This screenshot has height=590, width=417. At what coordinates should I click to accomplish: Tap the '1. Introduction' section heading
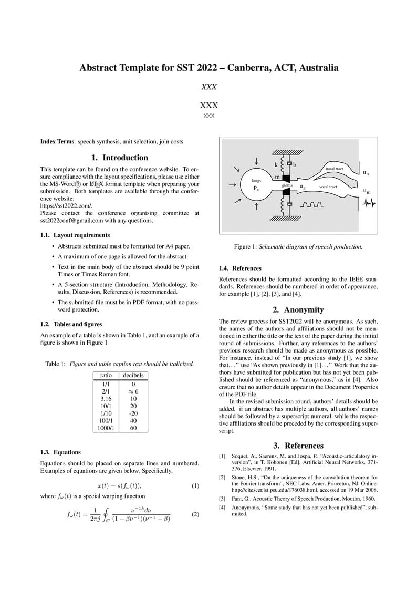[x=120, y=158]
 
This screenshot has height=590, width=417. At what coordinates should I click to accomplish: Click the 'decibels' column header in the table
[x=133, y=376]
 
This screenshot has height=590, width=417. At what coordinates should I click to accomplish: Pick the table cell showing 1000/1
[x=106, y=428]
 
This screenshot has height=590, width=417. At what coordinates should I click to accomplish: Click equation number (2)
[x=195, y=514]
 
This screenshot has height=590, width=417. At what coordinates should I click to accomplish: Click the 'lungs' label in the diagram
[x=256, y=180]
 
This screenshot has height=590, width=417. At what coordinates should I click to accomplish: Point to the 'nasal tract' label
[x=334, y=169]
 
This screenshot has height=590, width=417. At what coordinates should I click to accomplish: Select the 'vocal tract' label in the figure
[x=328, y=187]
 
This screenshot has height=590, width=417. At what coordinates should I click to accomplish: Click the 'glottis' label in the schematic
[x=287, y=185]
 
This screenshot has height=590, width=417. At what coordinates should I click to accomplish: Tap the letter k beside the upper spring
[x=276, y=164]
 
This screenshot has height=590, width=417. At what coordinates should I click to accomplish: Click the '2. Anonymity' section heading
[x=298, y=309]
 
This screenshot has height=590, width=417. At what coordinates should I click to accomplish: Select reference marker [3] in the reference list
[x=222, y=498]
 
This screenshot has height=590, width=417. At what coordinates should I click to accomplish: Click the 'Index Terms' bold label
[x=57, y=142]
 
